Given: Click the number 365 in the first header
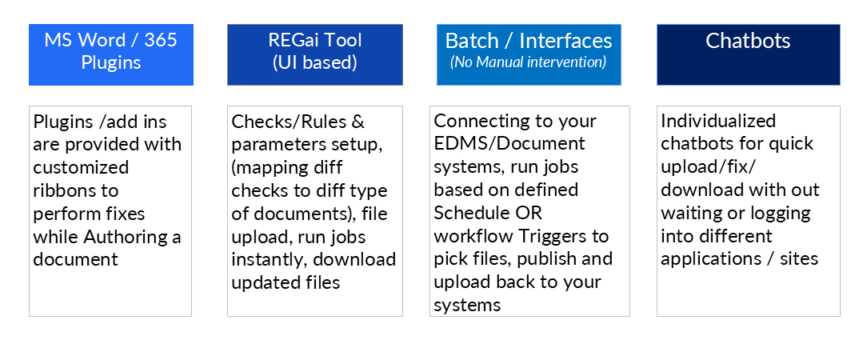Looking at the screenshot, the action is (x=161, y=40).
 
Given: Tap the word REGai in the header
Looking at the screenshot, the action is (x=294, y=40).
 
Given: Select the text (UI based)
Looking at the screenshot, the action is (x=315, y=62).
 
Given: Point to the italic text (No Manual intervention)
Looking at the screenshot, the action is (x=529, y=62).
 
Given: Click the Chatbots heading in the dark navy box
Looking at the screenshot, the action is (x=748, y=41).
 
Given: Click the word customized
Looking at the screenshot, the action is (x=81, y=167).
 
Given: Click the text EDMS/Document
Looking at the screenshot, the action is (x=509, y=144).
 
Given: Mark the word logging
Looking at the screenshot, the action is (x=777, y=214).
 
